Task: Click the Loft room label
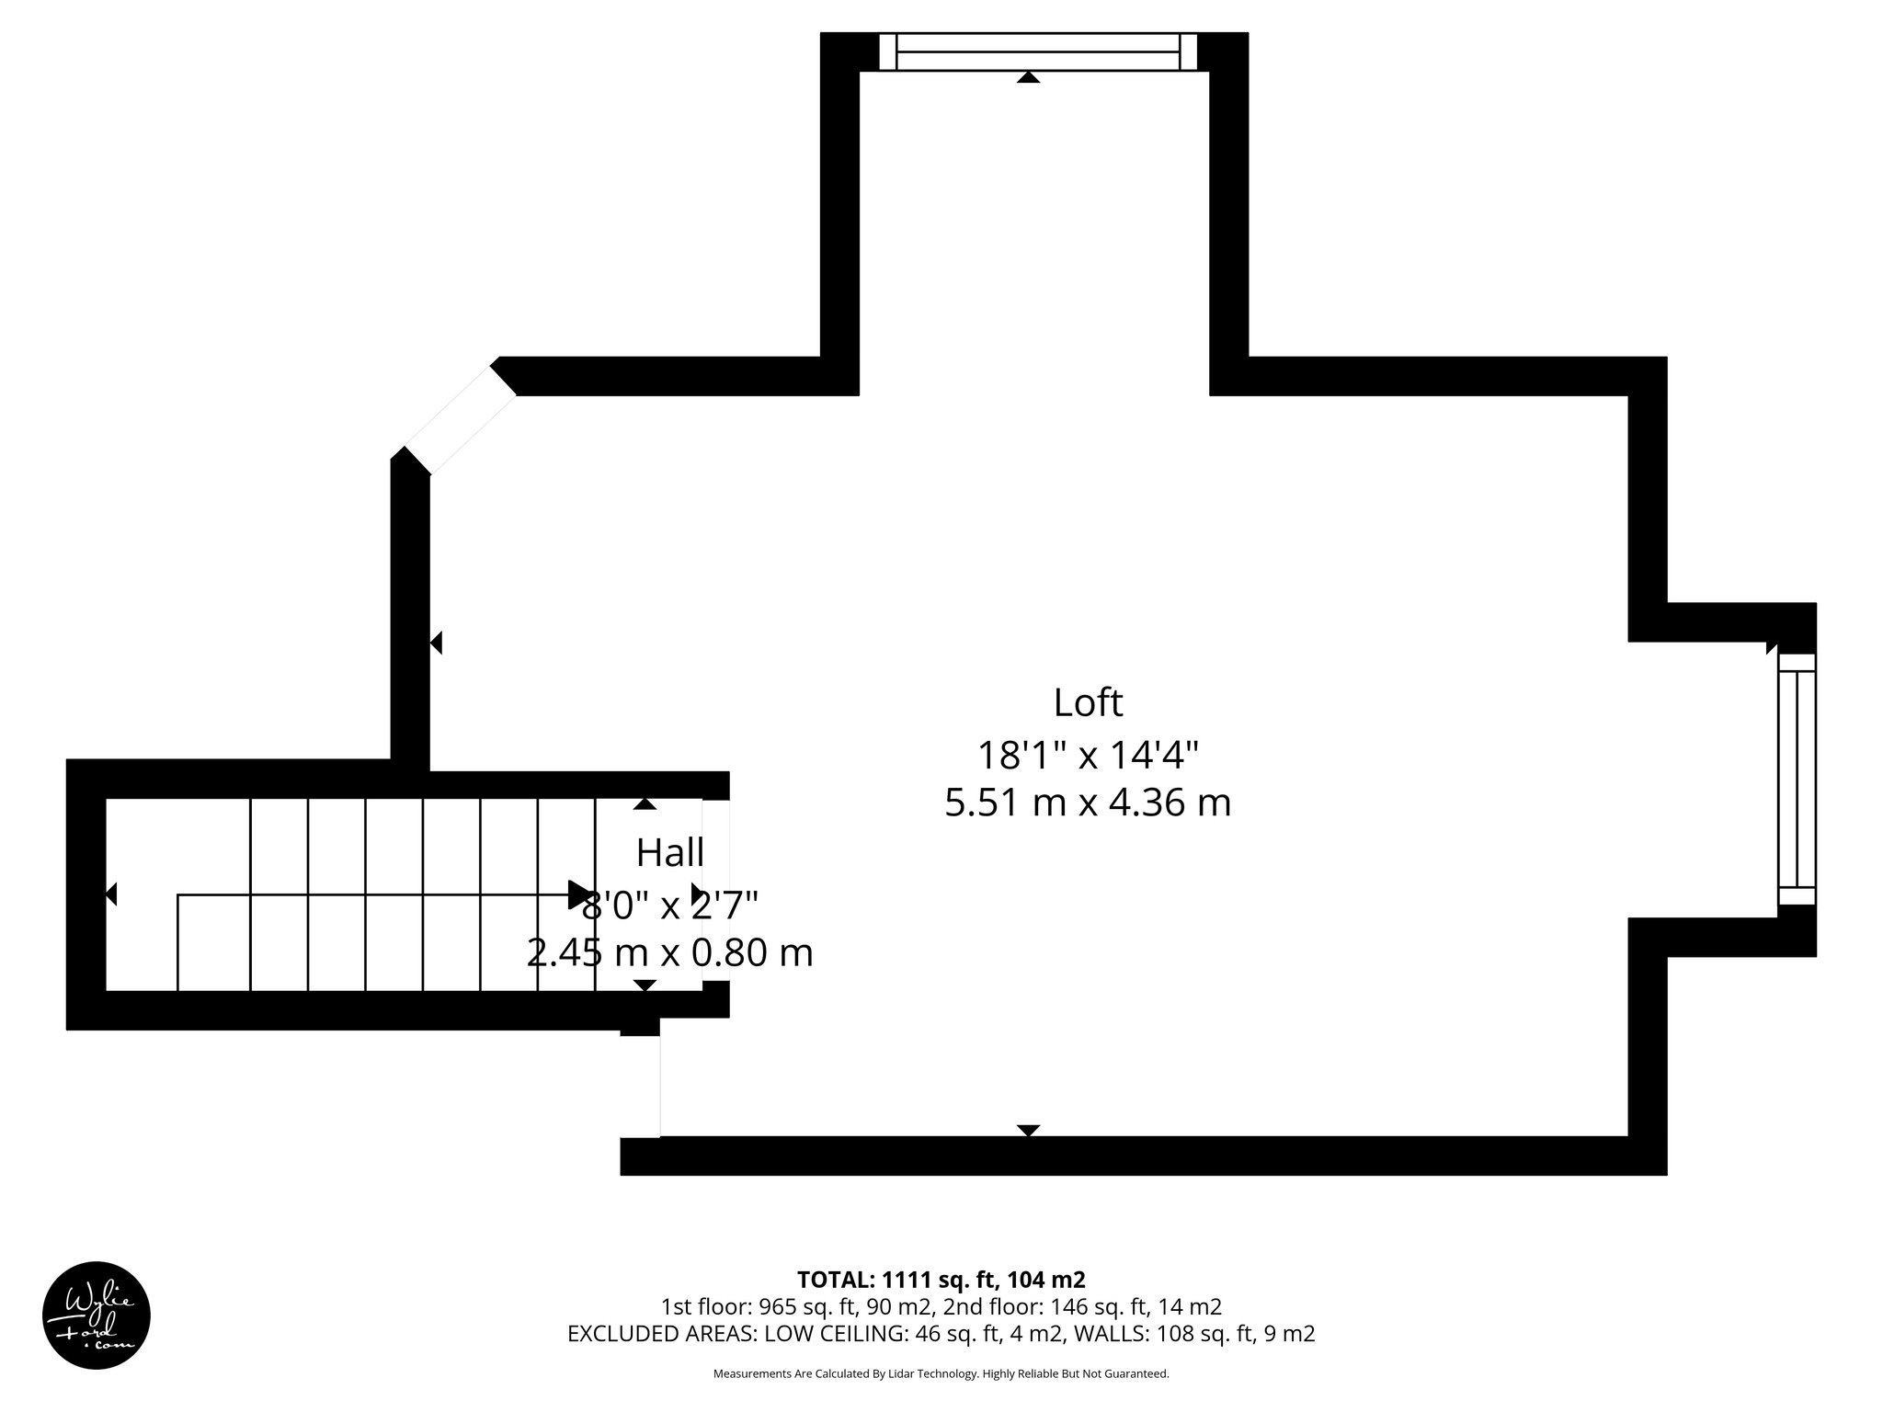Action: point(1088,703)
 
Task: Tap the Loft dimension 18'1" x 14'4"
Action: point(1088,756)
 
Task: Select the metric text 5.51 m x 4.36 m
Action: point(1088,803)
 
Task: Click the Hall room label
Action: point(670,853)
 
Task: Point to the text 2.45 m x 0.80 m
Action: point(670,953)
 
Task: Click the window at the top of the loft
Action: point(1038,51)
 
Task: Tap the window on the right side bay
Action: point(1797,780)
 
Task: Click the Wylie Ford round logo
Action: point(97,1315)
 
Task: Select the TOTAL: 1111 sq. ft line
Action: point(941,1280)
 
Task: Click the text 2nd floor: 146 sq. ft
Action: point(1082,1307)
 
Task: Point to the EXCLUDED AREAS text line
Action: point(941,1334)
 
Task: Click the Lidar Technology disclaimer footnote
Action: point(941,1373)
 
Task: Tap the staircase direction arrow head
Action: point(580,894)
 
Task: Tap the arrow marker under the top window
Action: point(1028,78)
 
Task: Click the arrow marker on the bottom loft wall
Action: point(1028,1131)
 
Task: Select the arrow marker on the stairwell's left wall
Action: point(111,894)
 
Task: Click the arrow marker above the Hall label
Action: point(645,804)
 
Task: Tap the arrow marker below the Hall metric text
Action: point(645,985)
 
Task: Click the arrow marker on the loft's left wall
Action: point(437,643)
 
